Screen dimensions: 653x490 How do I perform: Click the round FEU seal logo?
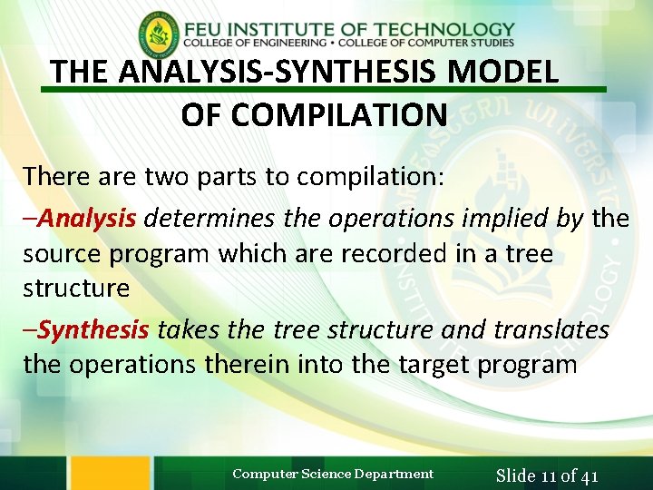click(159, 34)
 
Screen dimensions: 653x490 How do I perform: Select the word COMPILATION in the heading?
click(315, 114)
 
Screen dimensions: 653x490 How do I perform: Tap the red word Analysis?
click(86, 218)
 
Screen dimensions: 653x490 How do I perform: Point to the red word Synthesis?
click(92, 329)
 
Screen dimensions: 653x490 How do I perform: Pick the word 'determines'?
click(210, 218)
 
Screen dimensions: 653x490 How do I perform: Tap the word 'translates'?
click(551, 329)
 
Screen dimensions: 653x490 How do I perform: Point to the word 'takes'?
click(187, 329)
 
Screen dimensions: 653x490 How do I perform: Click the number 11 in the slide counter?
click(550, 475)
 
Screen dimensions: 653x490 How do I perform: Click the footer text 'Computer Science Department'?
click(333, 474)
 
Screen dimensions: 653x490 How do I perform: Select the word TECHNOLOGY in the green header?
click(443, 29)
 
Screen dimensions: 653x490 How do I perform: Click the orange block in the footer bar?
click(110, 473)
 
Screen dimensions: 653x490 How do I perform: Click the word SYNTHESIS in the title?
click(356, 71)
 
